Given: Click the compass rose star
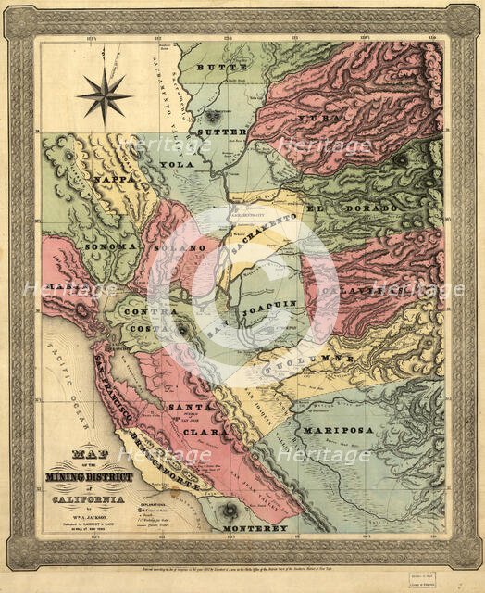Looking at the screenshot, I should point(105,95).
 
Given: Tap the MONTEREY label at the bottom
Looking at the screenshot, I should point(255,528).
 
